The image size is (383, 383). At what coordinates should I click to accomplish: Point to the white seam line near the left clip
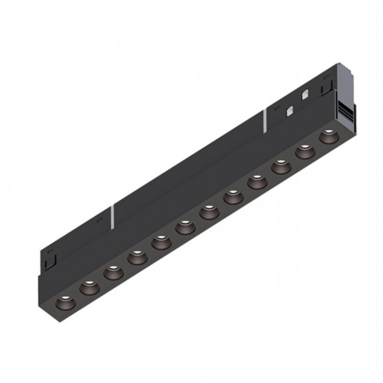pyautogui.click(x=114, y=214)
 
